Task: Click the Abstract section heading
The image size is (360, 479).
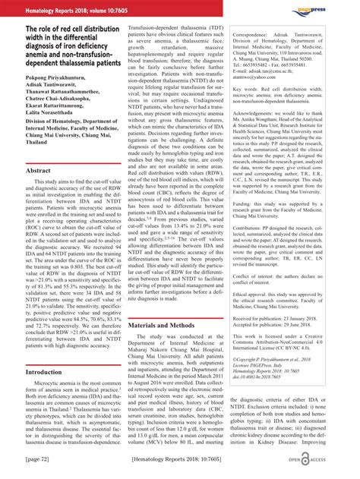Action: pos(39,172)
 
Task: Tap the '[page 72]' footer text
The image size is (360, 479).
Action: pos(38,459)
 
